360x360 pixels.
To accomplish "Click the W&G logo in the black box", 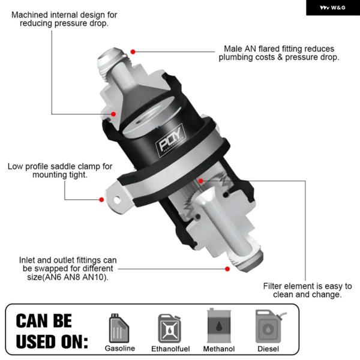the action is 332,8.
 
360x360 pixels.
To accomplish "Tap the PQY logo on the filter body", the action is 171,140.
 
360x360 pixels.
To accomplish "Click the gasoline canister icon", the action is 119,328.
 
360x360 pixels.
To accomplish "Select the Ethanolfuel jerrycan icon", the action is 170,329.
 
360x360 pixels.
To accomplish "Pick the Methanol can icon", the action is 219,326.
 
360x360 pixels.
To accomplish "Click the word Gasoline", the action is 120,348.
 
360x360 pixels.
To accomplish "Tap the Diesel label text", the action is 268,349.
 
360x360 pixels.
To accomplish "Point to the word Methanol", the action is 219,349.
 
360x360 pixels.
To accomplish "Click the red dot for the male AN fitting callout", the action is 133,52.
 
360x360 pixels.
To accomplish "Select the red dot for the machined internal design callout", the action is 113,114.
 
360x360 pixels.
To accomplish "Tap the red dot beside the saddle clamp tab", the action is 101,200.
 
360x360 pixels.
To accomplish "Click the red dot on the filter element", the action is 200,181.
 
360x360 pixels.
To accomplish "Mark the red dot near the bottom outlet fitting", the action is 227,269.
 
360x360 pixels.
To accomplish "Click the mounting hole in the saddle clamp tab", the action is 117,200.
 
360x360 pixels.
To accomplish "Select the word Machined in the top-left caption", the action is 29,15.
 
